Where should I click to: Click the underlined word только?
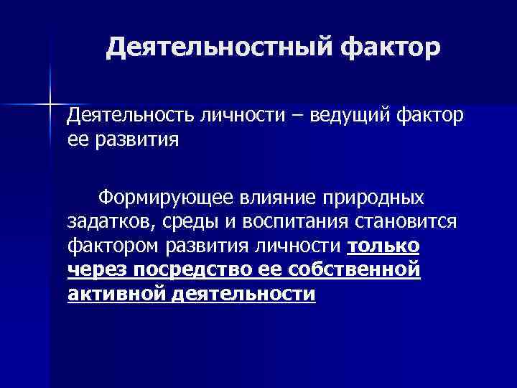coord(383,246)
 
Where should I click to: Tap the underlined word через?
coord(94,271)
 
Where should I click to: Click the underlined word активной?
coord(116,295)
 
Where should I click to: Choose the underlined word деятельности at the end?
coord(244,295)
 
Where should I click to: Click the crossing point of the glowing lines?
coord(51,104)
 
